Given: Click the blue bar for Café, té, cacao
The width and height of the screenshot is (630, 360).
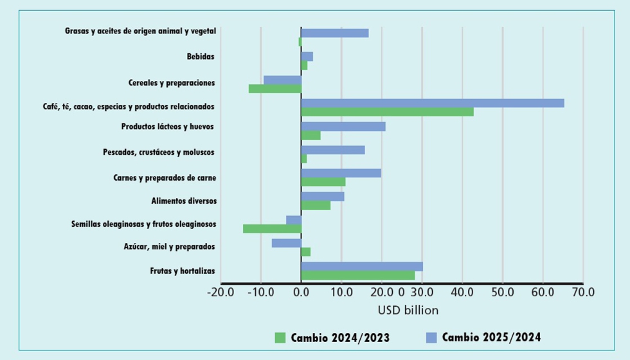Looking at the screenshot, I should tap(432, 103).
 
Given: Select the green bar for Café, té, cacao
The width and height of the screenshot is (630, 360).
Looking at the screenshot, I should tap(387, 112).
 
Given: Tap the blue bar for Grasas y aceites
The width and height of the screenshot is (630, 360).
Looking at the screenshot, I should tap(334, 33).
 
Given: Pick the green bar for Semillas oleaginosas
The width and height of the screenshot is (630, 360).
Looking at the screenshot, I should tap(272, 228).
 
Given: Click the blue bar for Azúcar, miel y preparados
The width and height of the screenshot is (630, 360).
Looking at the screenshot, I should tap(286, 243).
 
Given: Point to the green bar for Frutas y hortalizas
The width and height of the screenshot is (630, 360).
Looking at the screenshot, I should tap(357, 275).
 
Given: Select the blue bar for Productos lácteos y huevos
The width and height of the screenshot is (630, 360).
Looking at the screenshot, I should tap(343, 127).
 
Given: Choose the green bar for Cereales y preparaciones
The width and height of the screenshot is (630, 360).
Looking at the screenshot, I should tap(274, 89).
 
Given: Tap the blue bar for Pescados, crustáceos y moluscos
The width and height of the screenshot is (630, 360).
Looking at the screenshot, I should tap(332, 150).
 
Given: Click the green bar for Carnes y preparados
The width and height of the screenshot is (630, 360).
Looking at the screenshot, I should tap(323, 182).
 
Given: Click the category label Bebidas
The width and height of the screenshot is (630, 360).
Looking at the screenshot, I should tap(201, 57).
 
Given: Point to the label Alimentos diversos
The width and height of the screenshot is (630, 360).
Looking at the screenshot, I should tap(184, 201).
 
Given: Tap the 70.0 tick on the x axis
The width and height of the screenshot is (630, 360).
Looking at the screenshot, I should tap(582, 292).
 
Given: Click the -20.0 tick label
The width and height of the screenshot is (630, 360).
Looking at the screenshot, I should tap(221, 292).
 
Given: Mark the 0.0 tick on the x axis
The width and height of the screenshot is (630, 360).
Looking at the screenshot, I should tap(301, 292).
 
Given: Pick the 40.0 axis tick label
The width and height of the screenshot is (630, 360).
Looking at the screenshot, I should tap(462, 292).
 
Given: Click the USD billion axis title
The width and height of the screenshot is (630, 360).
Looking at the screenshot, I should tap(409, 310).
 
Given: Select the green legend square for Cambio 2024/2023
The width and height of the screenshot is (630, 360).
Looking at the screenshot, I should tap(280, 337).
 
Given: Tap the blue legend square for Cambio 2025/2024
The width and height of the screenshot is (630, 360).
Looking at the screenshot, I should tap(431, 337).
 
